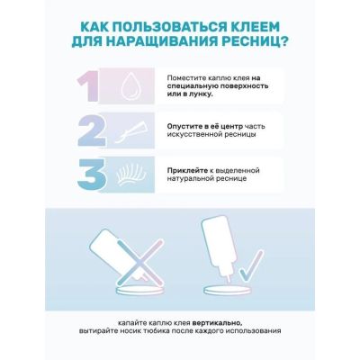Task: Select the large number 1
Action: (x=87, y=86)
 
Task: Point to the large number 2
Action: (x=92, y=130)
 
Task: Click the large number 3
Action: (x=92, y=175)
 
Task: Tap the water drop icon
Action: (x=130, y=86)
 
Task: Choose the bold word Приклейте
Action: (x=187, y=170)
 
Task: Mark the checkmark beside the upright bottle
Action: (x=251, y=265)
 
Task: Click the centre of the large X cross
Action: (x=139, y=262)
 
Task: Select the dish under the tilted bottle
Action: (x=139, y=291)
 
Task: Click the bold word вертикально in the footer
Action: (x=217, y=323)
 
